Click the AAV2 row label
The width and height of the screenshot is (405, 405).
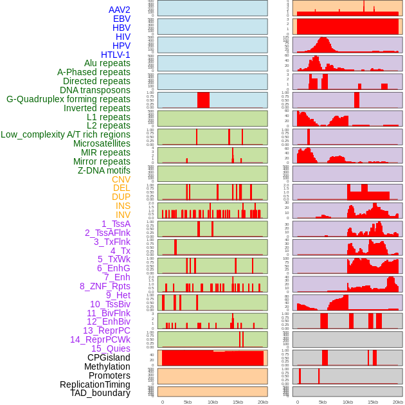119,10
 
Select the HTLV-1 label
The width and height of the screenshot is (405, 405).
115,55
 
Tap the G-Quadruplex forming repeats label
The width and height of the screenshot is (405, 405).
68,99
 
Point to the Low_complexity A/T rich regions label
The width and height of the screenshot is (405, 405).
66,134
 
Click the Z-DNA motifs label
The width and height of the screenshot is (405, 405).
104,170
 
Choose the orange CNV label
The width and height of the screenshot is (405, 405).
121,179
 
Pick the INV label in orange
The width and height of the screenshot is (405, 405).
123,215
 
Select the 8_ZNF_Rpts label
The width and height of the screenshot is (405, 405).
105,286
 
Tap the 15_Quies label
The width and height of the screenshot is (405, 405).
111,348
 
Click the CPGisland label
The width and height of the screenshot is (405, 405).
109,357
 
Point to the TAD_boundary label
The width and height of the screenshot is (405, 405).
100,393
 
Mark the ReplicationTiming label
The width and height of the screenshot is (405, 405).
95,384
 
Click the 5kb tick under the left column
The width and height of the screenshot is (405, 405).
188,402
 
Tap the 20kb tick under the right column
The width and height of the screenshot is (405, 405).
397,402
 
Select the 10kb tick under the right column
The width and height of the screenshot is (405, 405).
347,402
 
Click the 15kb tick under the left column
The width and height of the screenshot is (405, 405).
238,402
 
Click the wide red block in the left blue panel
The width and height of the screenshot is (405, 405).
203,100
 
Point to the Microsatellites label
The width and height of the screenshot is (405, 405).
102,143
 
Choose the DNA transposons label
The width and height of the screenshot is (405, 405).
95,90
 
